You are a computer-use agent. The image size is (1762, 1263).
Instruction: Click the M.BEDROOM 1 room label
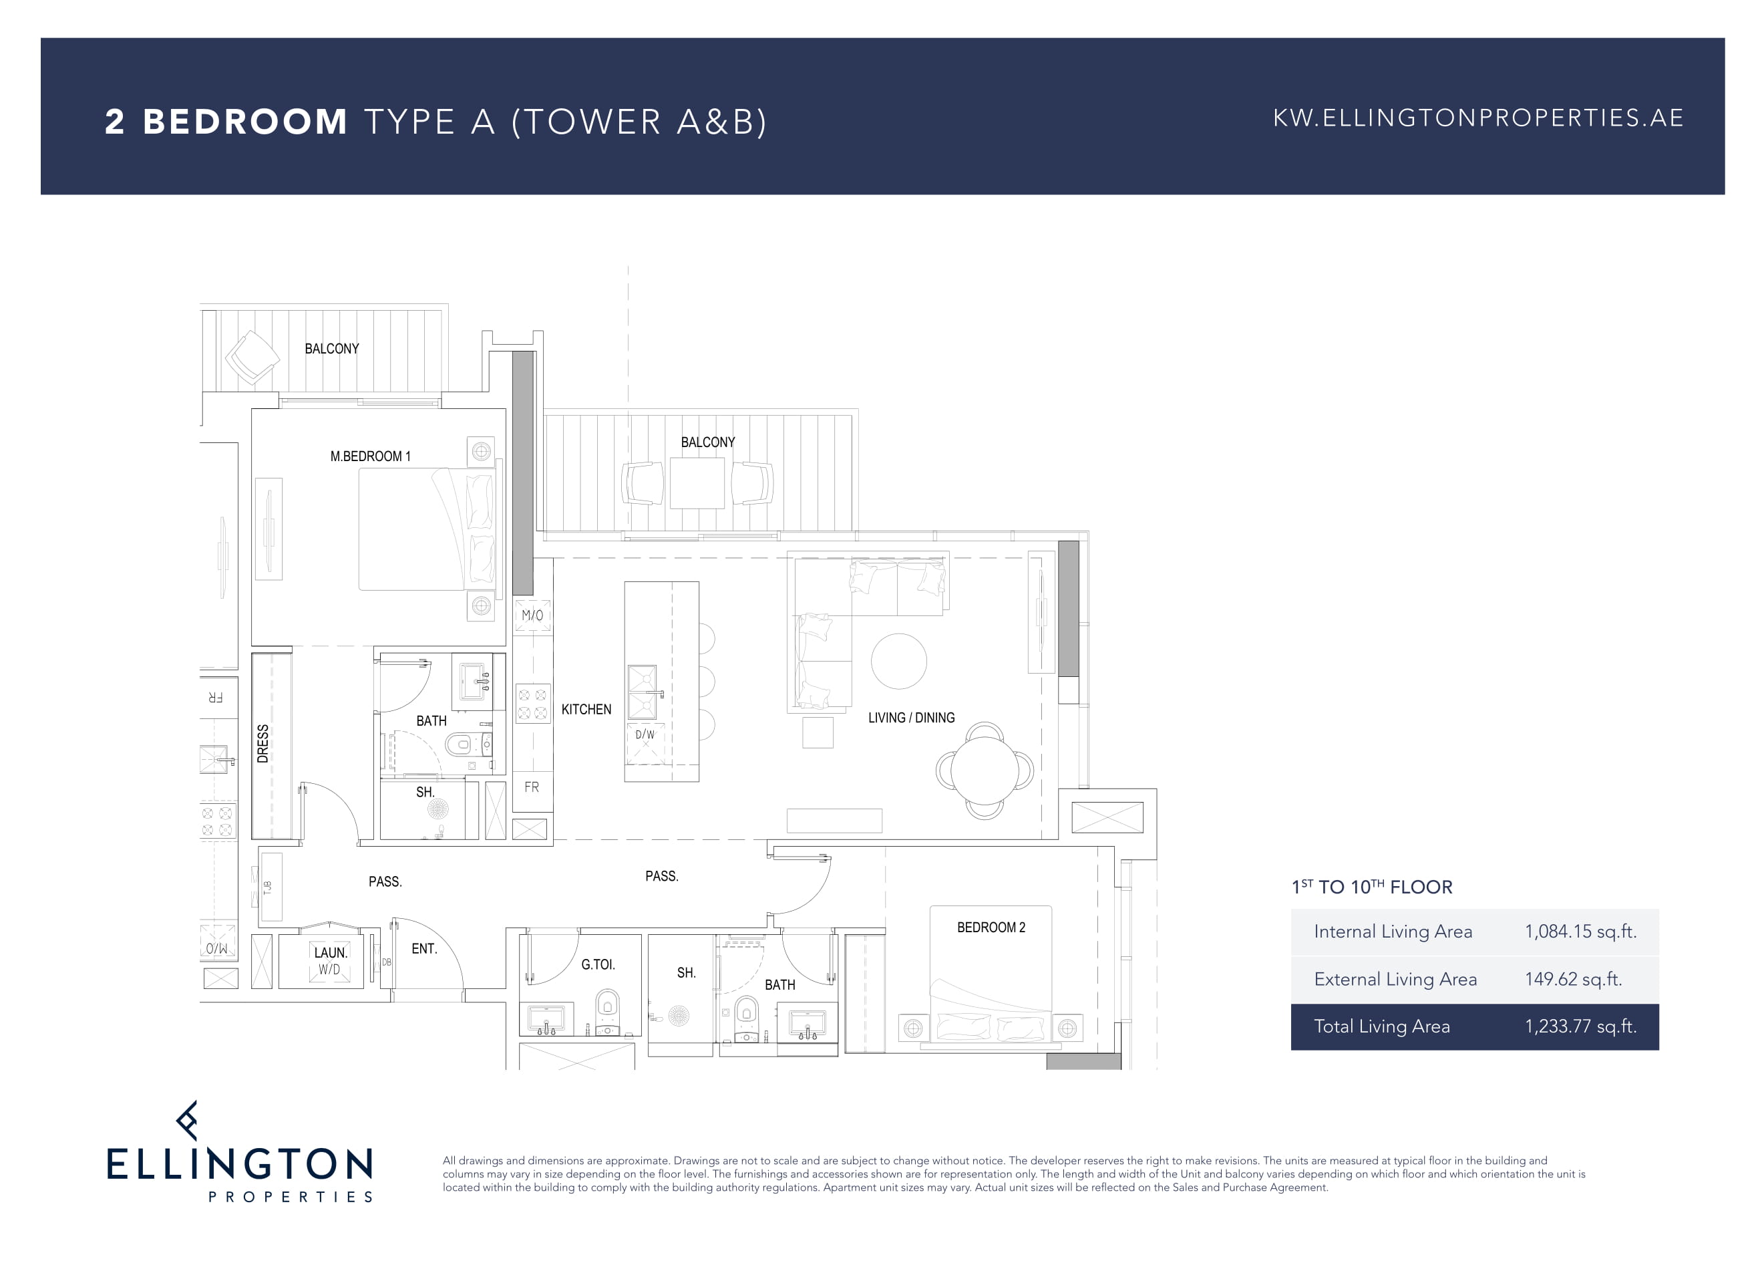[370, 456]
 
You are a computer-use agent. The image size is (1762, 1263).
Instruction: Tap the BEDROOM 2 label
[991, 928]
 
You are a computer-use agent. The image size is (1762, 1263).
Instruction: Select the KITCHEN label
[586, 710]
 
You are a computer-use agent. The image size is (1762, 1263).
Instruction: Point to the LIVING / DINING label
[911, 718]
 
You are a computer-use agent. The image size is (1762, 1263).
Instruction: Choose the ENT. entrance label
[424, 949]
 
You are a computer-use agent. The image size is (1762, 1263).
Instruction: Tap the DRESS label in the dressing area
[262, 744]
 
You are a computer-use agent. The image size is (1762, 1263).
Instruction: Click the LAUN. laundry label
[330, 953]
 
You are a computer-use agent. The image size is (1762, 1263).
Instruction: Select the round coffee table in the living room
[899, 662]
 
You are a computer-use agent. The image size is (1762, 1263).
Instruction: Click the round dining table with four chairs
[985, 770]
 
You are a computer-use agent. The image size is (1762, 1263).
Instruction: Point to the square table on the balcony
[697, 482]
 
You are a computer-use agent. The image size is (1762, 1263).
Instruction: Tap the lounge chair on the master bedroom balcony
[252, 358]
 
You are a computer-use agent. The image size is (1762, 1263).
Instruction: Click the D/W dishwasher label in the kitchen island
[645, 734]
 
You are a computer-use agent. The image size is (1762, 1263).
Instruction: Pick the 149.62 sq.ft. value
[1573, 978]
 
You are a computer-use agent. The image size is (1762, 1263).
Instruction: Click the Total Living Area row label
[1381, 1026]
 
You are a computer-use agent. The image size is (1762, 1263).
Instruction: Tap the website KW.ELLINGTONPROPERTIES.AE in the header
[1477, 118]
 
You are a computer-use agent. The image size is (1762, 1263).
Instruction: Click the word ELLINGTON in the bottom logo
[239, 1164]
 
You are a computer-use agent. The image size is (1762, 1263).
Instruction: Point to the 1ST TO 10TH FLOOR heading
[1371, 887]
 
